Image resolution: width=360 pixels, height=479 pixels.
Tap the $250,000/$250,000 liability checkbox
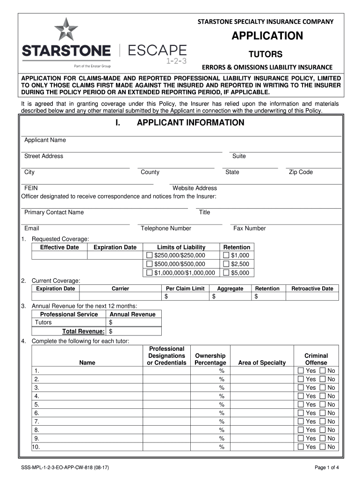(x=150, y=255)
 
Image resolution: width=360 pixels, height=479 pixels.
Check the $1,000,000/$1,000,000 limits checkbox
(x=150, y=273)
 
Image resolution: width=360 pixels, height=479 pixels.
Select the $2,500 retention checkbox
(x=226, y=264)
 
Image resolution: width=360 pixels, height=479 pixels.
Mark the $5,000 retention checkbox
(x=226, y=273)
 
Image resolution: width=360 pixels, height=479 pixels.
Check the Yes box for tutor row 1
(x=301, y=371)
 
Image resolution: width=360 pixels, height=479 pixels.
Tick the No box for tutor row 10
(x=323, y=447)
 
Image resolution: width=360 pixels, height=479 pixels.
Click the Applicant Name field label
(x=45, y=140)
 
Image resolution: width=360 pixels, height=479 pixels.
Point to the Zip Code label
(x=301, y=172)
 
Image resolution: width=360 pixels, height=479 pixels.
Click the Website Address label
(x=194, y=188)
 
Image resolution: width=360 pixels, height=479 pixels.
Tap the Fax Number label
(x=249, y=228)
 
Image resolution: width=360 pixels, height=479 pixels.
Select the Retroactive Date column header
(x=312, y=289)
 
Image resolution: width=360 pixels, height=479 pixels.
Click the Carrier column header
(x=120, y=289)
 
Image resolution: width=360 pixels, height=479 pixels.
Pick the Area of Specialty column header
(x=262, y=363)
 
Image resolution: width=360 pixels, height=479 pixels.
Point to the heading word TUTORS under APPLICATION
(x=265, y=54)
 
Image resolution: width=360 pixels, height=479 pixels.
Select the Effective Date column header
(x=59, y=247)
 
